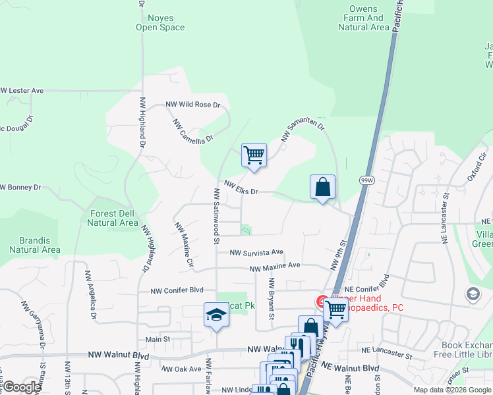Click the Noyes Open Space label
tap(160, 23)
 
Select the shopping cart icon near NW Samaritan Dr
tap(254, 156)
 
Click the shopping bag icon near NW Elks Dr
tap(323, 187)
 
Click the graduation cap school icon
tap(216, 315)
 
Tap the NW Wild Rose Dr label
tap(192, 105)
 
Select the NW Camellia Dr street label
tap(194, 130)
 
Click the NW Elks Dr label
tap(240, 188)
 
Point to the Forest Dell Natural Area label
tap(112, 218)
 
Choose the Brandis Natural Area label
tap(35, 246)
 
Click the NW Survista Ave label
tap(256, 252)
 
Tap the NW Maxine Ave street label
tap(275, 266)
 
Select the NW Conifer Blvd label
tap(177, 291)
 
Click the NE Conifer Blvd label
tap(362, 290)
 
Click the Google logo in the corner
tap(22, 387)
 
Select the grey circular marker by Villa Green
tap(473, 294)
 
